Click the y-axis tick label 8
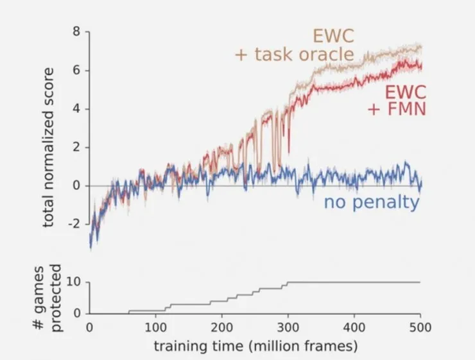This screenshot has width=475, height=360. pos(76,31)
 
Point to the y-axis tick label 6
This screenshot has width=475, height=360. pos(76,70)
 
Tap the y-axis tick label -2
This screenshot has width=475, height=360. pos(74,224)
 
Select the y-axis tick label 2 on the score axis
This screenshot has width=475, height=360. pos(76,147)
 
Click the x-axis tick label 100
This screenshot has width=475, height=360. pos(155,327)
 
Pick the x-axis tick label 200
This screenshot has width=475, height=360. pos(221,327)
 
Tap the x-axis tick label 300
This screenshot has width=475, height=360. pos(288,327)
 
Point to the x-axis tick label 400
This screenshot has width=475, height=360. pos(354,327)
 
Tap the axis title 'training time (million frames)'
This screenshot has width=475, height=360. pos(255,346)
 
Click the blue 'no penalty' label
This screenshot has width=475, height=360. pos(372,203)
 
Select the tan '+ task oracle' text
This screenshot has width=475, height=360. pos(294,55)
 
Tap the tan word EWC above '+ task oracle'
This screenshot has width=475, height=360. pos(333,35)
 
